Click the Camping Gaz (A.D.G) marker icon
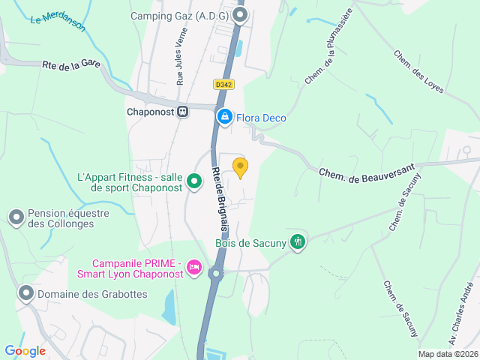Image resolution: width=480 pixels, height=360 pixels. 240,15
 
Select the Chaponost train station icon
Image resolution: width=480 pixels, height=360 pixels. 182,112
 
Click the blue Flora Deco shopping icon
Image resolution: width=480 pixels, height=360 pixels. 224,117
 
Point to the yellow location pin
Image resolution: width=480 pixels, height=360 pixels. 240,168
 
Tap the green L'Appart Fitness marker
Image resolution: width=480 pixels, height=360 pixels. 194,181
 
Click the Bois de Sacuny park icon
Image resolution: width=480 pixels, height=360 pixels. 298,242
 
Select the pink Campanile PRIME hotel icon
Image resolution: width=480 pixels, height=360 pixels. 194,268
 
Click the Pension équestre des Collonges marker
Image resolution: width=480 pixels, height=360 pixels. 16,217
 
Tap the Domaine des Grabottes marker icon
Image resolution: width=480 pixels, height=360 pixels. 26,293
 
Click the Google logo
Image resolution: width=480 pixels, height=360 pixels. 25,350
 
